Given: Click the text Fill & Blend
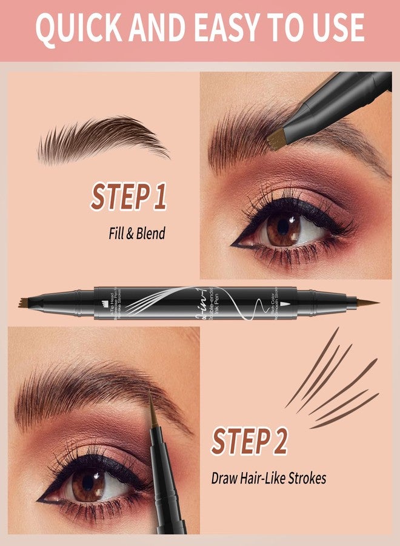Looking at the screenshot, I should (x=133, y=234).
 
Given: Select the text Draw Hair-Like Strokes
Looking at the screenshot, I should (x=268, y=478).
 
